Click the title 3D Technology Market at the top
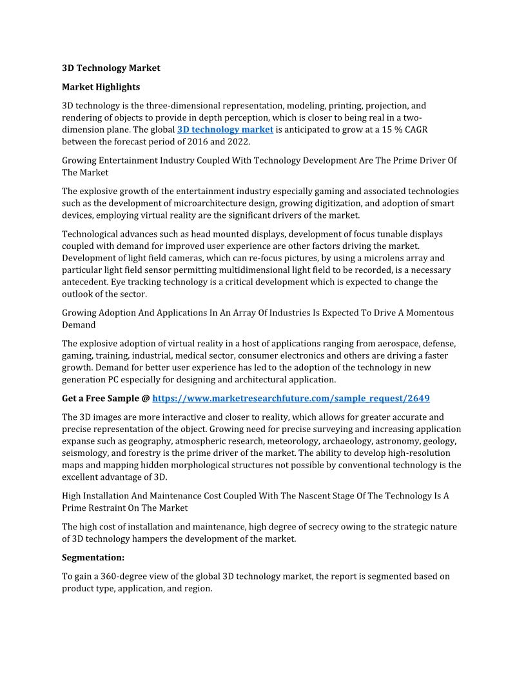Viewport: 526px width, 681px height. point(111,68)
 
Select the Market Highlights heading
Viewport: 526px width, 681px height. point(101,86)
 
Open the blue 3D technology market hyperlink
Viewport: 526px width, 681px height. point(225,130)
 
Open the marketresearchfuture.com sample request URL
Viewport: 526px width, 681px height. point(291,398)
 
